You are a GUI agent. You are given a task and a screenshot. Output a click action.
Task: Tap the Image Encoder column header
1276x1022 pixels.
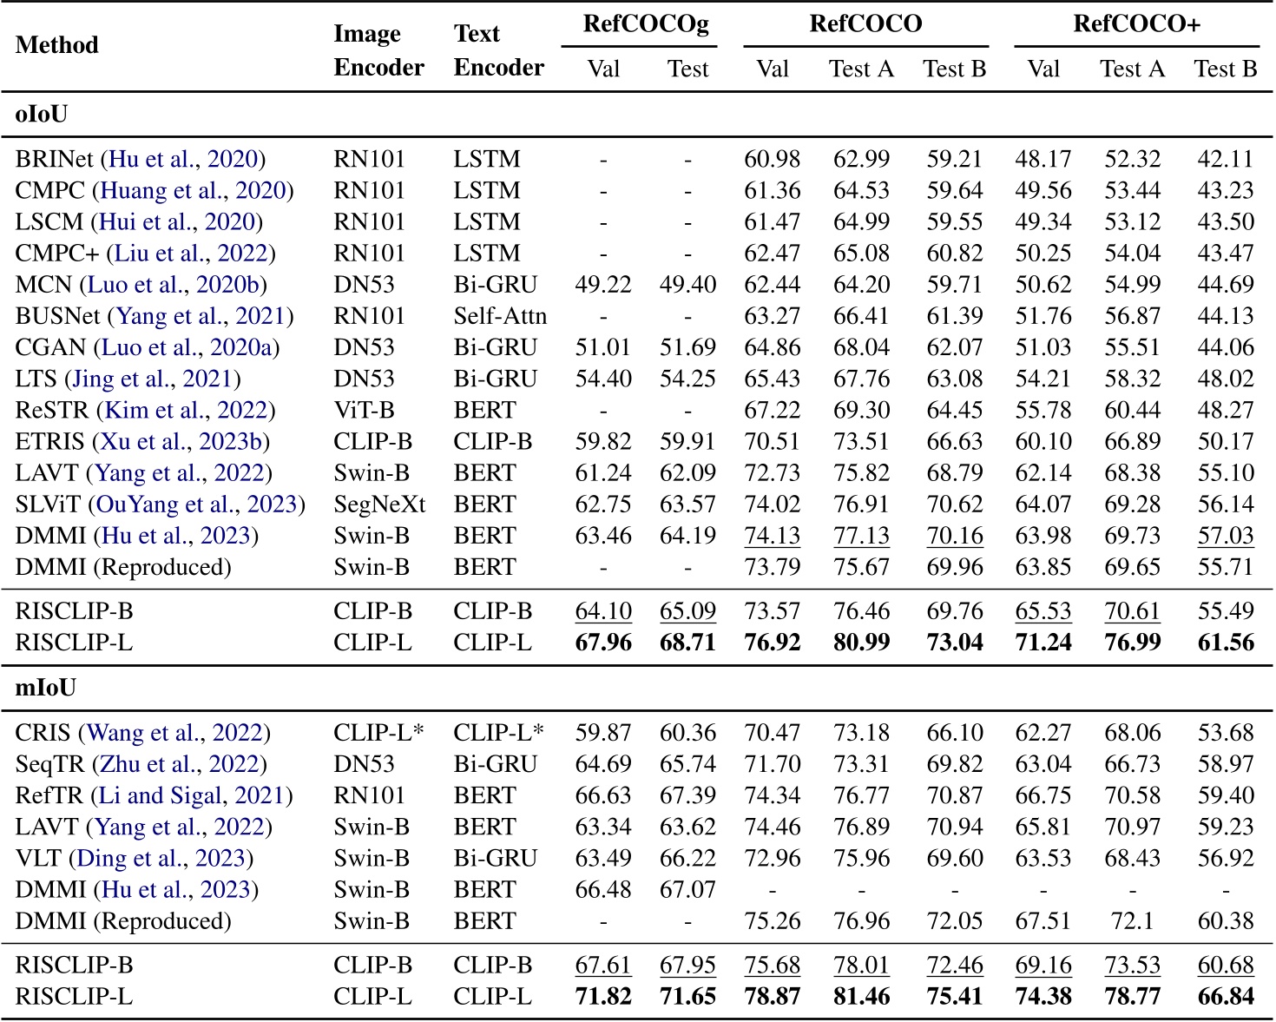click(378, 50)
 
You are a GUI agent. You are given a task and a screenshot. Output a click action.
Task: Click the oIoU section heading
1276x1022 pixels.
click(42, 115)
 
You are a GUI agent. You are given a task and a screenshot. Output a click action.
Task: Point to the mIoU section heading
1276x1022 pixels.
click(45, 688)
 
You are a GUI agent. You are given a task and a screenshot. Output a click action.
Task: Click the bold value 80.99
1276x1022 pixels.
click(861, 643)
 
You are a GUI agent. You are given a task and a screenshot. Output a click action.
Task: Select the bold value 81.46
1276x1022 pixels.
click(861, 997)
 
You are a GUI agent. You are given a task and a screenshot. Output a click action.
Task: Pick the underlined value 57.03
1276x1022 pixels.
click(1226, 536)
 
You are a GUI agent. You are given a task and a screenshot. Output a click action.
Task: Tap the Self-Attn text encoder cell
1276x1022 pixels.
click(500, 316)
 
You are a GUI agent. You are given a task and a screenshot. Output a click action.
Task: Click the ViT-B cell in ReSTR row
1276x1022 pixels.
click(363, 410)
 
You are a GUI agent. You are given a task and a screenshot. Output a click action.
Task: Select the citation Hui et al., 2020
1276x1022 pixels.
click(177, 222)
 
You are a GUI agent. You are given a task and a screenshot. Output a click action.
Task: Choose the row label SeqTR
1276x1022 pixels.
click(43, 764)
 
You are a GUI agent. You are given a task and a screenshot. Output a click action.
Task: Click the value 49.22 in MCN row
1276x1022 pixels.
click(603, 285)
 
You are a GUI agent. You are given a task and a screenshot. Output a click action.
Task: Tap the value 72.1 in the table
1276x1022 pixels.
click(1132, 920)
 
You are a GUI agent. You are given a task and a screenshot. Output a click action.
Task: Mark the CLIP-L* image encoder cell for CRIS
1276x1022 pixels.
click(378, 733)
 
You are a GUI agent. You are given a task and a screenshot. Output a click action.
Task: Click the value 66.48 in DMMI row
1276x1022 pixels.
click(603, 889)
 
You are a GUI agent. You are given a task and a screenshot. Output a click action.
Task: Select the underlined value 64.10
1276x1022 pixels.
click(603, 611)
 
